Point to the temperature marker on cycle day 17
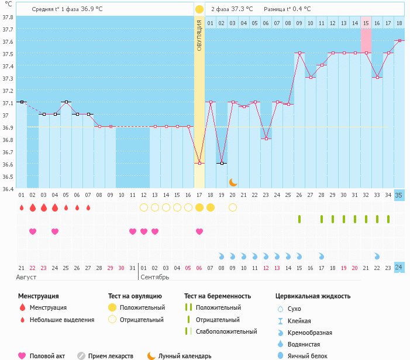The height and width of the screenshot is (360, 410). tap(199, 164)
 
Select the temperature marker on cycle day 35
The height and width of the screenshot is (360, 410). tap(399, 41)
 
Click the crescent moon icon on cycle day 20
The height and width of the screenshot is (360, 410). tap(233, 182)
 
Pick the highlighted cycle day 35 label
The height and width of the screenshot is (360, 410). tap(399, 195)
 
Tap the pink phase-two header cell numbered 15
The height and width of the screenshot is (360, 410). tap(366, 23)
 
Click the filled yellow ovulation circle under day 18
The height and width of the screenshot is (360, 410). tap(211, 207)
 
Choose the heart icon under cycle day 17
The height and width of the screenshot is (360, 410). tap(199, 231)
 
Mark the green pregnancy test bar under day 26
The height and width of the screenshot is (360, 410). tap(299, 219)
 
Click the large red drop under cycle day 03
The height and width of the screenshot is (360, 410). tap(44, 207)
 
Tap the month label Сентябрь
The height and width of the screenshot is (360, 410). tap(155, 277)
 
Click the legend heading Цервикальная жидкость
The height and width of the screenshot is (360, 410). tap(313, 296)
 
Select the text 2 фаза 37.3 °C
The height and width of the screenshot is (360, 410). tap(232, 9)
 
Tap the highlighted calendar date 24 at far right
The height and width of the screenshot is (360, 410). tap(399, 267)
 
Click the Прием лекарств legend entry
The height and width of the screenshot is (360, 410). tap(111, 356)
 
